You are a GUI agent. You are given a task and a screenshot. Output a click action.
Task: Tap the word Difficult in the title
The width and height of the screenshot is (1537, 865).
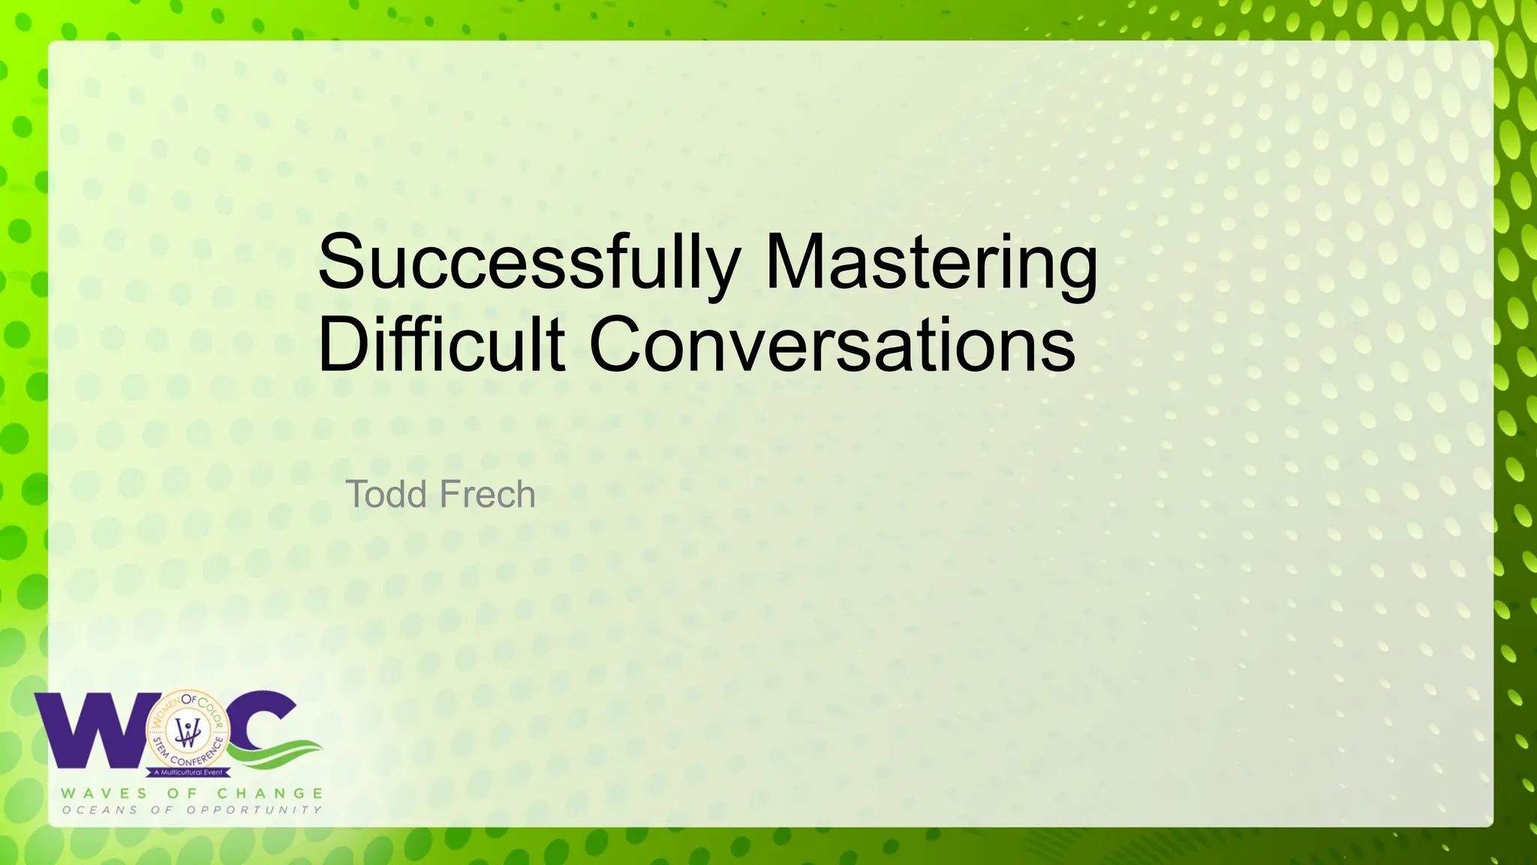tap(441, 345)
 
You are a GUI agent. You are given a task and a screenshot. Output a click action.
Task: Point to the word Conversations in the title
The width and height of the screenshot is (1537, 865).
tap(832, 345)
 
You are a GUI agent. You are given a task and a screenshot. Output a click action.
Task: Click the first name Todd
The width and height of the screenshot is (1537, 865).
tap(386, 494)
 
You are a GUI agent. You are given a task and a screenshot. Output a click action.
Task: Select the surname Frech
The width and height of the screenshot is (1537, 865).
tap(487, 494)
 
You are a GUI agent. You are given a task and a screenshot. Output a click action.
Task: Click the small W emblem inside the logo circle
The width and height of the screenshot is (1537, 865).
tap(188, 731)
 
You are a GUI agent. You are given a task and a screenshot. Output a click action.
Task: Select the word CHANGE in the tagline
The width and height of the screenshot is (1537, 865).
tap(270, 794)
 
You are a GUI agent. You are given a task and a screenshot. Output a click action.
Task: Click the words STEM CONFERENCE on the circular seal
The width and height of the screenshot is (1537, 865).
tap(188, 757)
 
